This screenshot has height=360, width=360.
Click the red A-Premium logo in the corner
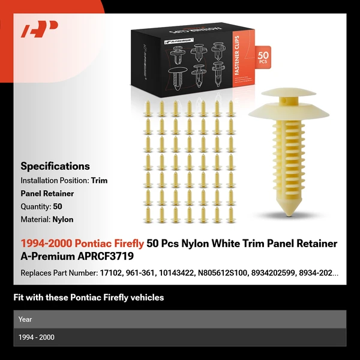(40, 29)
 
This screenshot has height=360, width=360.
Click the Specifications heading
(55, 166)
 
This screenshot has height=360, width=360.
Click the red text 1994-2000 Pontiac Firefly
(82, 243)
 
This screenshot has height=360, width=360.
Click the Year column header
(25, 319)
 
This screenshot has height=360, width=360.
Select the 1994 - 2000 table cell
(36, 337)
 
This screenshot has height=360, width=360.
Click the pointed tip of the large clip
(290, 212)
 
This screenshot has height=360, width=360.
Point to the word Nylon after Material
(62, 220)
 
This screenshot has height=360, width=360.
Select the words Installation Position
(54, 180)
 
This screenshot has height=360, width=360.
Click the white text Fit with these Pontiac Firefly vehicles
(88, 298)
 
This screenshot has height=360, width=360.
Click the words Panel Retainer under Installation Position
(47, 193)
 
